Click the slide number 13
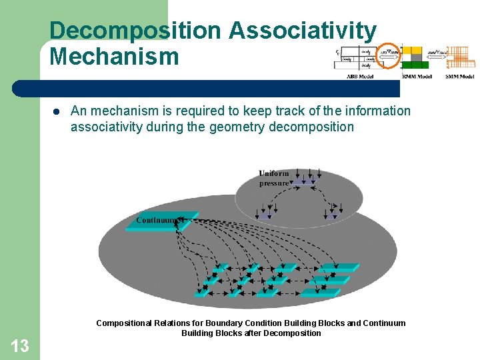pyautogui.click(x=20, y=345)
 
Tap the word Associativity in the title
pyautogui.click(x=303, y=31)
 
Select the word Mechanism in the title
pyautogui.click(x=114, y=57)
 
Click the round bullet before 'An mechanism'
pyautogui.click(x=57, y=111)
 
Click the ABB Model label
pyautogui.click(x=360, y=77)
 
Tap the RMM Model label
pyautogui.click(x=417, y=77)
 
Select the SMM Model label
pyautogui.click(x=460, y=77)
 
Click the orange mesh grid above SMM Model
pyautogui.click(x=461, y=58)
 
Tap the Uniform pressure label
pyautogui.click(x=274, y=178)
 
